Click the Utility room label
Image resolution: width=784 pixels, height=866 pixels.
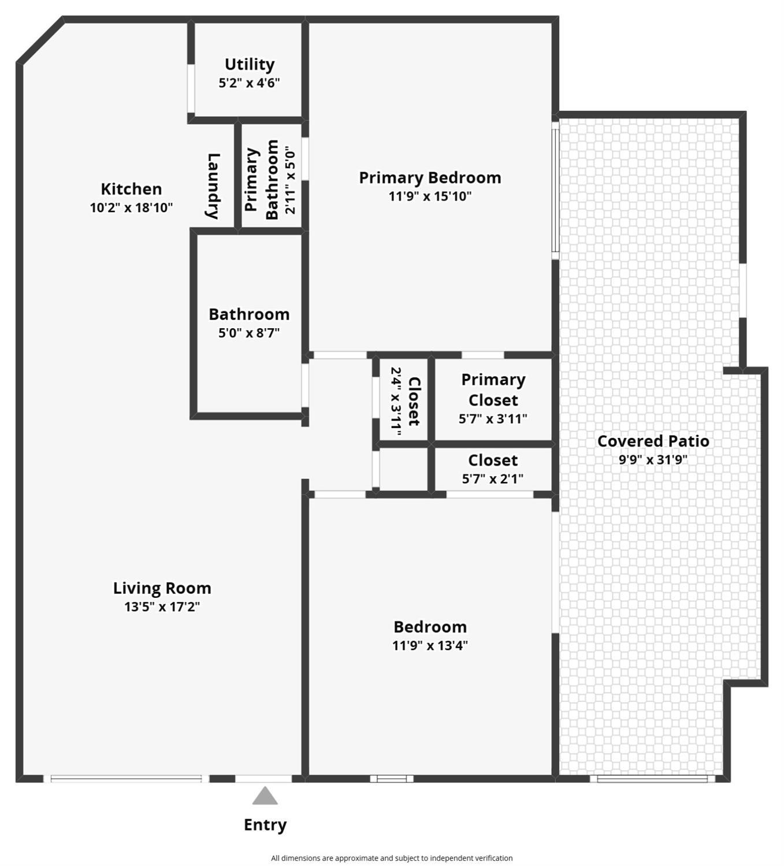click(x=250, y=64)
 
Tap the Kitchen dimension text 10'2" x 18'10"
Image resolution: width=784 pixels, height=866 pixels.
click(x=131, y=207)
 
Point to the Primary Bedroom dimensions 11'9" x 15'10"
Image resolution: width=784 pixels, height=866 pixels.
click(x=430, y=196)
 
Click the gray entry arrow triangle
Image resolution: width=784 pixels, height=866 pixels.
click(x=265, y=796)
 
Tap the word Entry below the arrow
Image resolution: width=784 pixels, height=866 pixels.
click(x=265, y=824)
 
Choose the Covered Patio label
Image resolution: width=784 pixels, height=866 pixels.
click(x=653, y=441)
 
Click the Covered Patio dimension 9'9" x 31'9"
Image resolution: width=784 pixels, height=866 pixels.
click(x=653, y=459)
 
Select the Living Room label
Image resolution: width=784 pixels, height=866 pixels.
click(x=162, y=588)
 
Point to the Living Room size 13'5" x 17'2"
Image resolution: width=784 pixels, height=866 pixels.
click(x=162, y=607)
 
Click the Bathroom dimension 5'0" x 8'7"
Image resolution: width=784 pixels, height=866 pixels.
click(x=249, y=333)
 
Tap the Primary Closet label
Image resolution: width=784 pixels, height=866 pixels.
click(x=493, y=390)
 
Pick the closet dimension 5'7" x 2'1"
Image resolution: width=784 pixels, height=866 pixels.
click(x=493, y=479)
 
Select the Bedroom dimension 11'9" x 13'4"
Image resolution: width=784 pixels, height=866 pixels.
click(x=430, y=645)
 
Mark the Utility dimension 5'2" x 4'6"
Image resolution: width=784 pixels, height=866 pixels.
click(x=249, y=83)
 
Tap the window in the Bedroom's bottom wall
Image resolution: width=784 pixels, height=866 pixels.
click(x=392, y=779)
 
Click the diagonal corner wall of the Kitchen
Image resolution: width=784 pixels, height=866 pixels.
click(x=40, y=40)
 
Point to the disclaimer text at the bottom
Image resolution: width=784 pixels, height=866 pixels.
click(x=392, y=858)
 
